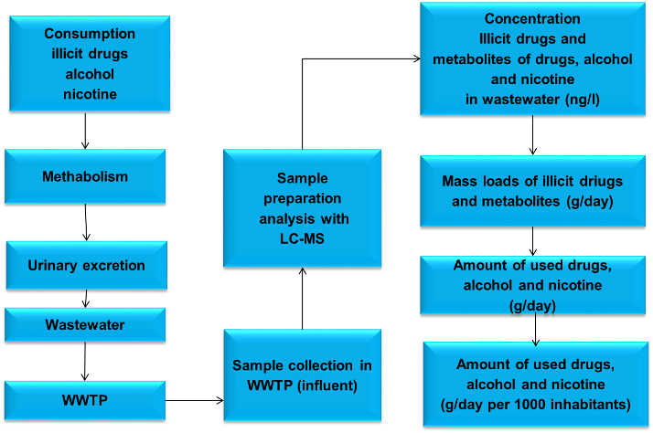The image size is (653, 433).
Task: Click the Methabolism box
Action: [x=85, y=176]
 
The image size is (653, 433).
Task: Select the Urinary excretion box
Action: [x=86, y=266]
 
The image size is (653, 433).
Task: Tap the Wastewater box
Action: [x=85, y=324]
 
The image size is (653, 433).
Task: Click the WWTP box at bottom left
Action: [x=85, y=399]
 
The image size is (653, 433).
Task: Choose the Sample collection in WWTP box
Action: [x=302, y=375]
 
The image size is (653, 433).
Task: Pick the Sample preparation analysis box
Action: [x=302, y=208]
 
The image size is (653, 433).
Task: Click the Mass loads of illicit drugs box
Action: [x=534, y=189]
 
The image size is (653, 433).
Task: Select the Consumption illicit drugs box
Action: [x=90, y=64]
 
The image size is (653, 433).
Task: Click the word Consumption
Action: [x=90, y=34]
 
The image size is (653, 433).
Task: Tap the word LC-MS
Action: [x=302, y=238]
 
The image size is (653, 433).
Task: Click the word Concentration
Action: [x=532, y=19]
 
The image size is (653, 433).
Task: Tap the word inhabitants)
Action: [x=594, y=404]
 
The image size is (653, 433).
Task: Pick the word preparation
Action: [x=302, y=198]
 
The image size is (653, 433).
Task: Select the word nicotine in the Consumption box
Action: [x=90, y=94]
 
